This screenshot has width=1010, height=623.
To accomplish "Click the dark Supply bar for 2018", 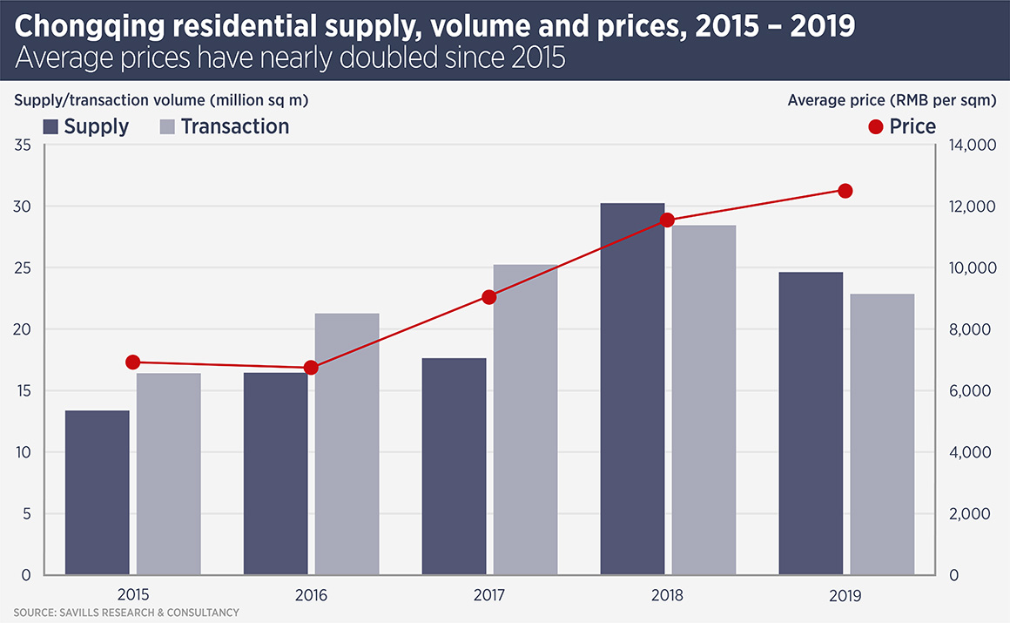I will [x=632, y=389].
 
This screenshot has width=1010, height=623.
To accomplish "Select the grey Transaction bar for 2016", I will [x=347, y=444].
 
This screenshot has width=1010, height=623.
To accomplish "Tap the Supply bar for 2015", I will [x=97, y=492].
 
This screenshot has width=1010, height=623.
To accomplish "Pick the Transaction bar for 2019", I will [x=882, y=434].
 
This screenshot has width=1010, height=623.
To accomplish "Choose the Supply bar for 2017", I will [x=454, y=466].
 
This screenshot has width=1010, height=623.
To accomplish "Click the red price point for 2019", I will [x=845, y=191].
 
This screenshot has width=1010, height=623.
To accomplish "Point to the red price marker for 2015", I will [x=132, y=362].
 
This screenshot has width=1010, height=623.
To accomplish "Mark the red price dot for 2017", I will [x=488, y=297].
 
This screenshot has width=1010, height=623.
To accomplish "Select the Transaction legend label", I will [x=234, y=127].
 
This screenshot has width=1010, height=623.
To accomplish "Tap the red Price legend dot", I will [x=876, y=127].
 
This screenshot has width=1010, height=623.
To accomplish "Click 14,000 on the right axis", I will [x=969, y=146].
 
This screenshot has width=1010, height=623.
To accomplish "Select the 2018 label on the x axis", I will [x=667, y=596].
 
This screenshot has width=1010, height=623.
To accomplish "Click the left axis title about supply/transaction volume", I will [x=161, y=100].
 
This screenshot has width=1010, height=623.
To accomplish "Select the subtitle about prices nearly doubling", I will [x=290, y=58].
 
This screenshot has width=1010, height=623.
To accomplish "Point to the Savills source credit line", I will [x=125, y=613].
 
